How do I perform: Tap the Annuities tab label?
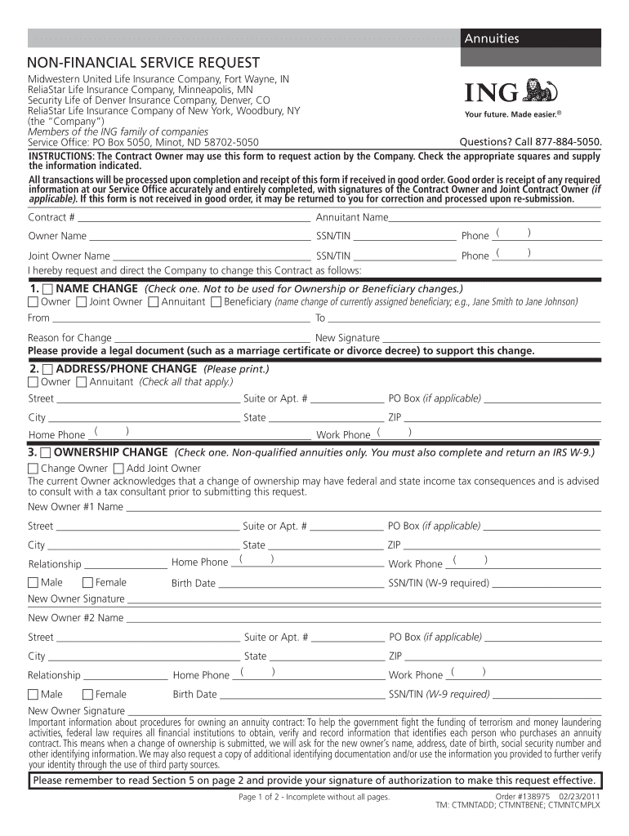pos(492,38)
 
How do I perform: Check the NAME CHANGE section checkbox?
pos(47,289)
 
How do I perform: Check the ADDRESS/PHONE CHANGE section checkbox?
pos(47,369)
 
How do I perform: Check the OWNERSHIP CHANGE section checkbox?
pos(47,452)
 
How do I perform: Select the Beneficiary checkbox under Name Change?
pos(216,302)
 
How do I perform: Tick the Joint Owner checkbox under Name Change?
pos(81,302)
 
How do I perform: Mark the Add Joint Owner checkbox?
pos(118,469)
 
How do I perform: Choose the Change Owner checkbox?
pos(33,469)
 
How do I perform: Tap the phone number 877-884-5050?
pos(565,141)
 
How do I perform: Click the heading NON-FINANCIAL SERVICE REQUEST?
pos(144,63)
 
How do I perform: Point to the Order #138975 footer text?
pos(524,795)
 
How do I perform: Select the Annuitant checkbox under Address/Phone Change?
pos(81,382)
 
